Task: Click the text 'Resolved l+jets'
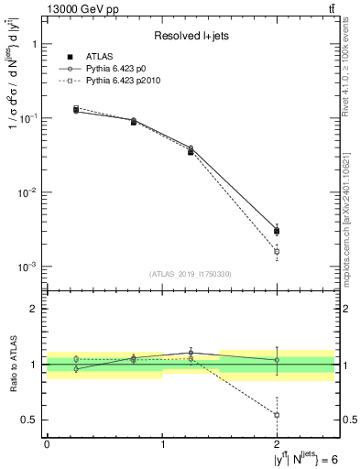pos(191,36)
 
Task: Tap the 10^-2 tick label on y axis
pos(28,192)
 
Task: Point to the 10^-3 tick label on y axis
pos(28,267)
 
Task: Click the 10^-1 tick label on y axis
pos(28,118)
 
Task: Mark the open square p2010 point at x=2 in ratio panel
pos(277,415)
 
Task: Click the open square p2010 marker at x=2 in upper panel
pos(277,251)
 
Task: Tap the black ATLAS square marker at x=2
pos(277,231)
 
